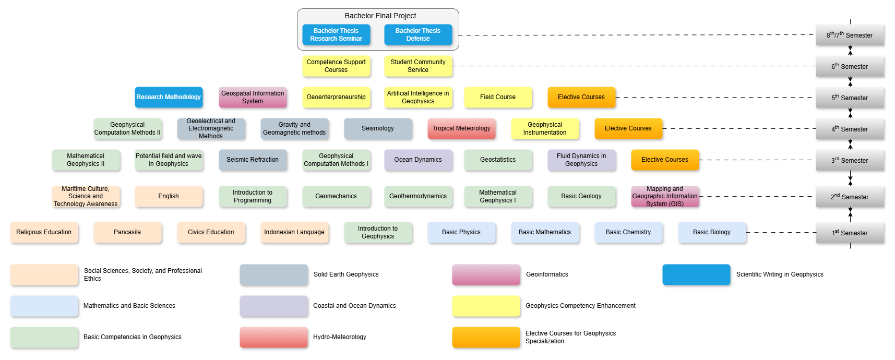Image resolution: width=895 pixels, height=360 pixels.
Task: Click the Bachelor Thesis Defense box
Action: coord(418,35)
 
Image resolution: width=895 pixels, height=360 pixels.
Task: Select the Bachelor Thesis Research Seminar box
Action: coord(336,35)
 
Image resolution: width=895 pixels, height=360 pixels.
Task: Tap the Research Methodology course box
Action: coord(169,97)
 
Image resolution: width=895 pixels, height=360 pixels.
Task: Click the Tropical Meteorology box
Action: coord(461,128)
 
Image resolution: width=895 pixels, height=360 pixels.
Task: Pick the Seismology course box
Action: coord(378,128)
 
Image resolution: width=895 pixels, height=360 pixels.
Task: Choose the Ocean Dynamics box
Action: coord(418,160)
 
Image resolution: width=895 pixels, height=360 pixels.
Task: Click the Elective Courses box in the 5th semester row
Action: coord(581,97)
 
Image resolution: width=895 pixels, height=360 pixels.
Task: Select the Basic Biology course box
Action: coord(712,232)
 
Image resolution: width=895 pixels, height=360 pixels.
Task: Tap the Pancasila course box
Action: coord(127,232)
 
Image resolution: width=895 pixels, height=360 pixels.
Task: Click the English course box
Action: coord(169,196)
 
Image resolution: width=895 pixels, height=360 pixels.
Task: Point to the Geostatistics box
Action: coord(498,160)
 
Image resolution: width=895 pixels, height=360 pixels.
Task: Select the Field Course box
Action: coord(498,97)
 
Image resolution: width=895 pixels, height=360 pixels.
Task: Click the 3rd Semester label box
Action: coord(850,160)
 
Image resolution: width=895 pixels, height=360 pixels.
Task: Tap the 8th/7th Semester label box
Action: coord(850,35)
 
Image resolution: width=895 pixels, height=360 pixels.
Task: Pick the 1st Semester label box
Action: coord(850,233)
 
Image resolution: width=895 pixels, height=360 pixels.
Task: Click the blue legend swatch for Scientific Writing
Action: coord(696,274)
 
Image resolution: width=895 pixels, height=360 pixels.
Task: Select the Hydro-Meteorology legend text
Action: coord(340,337)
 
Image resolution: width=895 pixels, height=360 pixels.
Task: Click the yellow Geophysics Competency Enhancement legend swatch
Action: coord(486,306)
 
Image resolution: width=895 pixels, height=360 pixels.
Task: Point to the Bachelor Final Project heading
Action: coord(380,16)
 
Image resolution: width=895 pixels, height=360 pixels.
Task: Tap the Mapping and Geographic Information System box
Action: coord(665,196)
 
